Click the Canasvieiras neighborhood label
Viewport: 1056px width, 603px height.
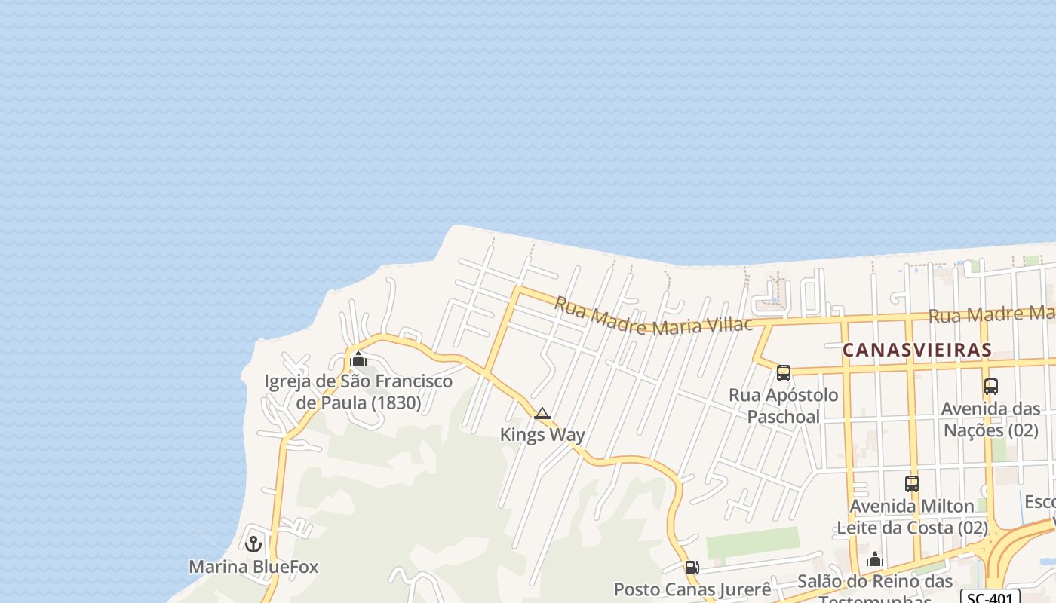point(916,350)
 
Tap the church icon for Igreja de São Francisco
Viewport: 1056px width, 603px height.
point(359,359)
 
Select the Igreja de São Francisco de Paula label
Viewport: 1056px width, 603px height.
point(358,392)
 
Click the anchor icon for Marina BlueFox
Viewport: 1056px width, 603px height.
point(253,543)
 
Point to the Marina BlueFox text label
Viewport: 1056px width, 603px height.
point(253,567)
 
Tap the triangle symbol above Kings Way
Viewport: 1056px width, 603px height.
point(542,413)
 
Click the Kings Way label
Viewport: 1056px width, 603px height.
point(542,435)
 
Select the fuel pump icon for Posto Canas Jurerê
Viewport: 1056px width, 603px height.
point(691,568)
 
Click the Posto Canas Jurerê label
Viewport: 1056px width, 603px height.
point(692,589)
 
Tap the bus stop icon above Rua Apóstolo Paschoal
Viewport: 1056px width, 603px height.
point(784,372)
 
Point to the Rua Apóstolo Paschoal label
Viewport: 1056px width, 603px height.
point(783,406)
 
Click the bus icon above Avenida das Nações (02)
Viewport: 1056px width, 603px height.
point(991,387)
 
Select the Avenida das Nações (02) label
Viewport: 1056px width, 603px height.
point(991,420)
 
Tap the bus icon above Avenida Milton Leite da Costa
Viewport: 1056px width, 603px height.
point(912,484)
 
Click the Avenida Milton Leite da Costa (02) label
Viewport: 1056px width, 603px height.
point(912,516)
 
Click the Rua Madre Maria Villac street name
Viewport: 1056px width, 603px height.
point(653,316)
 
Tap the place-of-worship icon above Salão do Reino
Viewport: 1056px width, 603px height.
point(875,559)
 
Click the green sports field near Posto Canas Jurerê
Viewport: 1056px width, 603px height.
point(752,542)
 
